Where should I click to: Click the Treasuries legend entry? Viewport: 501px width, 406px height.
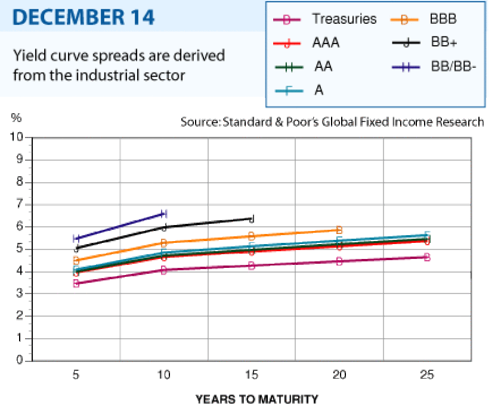[344, 19]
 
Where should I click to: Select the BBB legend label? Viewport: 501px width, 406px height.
[443, 19]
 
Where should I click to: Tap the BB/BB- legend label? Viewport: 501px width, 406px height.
[453, 67]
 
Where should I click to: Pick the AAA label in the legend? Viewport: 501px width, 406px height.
[326, 43]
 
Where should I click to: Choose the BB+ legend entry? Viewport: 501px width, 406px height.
[444, 42]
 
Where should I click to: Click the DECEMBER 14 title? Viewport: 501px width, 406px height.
[83, 17]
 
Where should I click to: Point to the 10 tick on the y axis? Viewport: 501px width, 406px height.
[17, 137]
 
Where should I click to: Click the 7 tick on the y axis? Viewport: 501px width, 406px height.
[20, 204]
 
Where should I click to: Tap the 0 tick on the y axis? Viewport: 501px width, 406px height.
[20, 360]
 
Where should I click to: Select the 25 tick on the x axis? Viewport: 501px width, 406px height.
[427, 374]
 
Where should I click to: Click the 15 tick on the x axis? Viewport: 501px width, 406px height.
[252, 374]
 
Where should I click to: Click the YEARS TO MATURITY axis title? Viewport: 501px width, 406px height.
[257, 399]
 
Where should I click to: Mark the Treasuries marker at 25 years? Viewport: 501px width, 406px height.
[427, 257]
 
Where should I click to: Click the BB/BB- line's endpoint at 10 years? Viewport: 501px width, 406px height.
[163, 214]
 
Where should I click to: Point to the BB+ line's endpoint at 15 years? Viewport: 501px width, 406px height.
[252, 219]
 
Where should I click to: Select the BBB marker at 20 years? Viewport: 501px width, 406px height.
[339, 230]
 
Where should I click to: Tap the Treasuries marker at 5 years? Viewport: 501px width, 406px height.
[76, 283]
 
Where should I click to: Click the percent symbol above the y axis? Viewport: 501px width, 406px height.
[16, 118]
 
